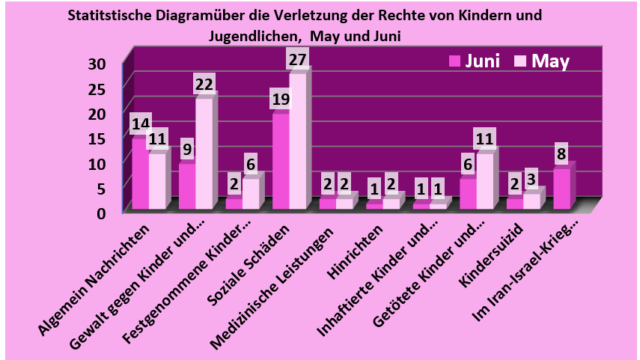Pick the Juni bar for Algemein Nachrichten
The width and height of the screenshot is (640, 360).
click(x=140, y=174)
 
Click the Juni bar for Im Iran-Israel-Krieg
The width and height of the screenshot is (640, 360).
click(x=561, y=189)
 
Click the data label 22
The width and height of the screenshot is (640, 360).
click(x=204, y=85)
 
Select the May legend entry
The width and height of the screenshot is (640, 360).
click(x=543, y=61)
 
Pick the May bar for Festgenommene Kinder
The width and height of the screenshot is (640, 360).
click(x=251, y=193)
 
